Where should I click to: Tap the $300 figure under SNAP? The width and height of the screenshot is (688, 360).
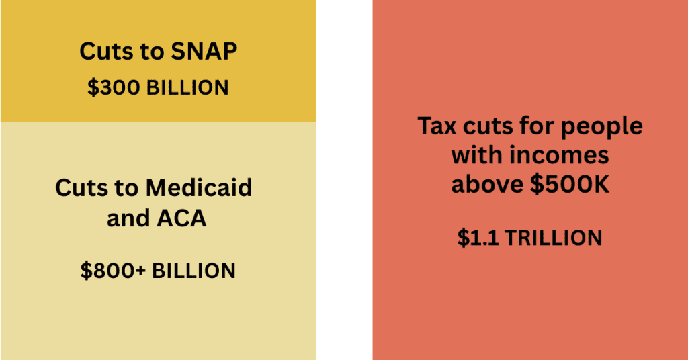114,88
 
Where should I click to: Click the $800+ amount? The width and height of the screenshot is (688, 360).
112,271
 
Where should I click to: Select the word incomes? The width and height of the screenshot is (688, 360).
558,155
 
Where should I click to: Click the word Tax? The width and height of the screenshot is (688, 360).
439,126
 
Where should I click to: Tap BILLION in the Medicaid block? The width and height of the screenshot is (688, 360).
193,271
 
